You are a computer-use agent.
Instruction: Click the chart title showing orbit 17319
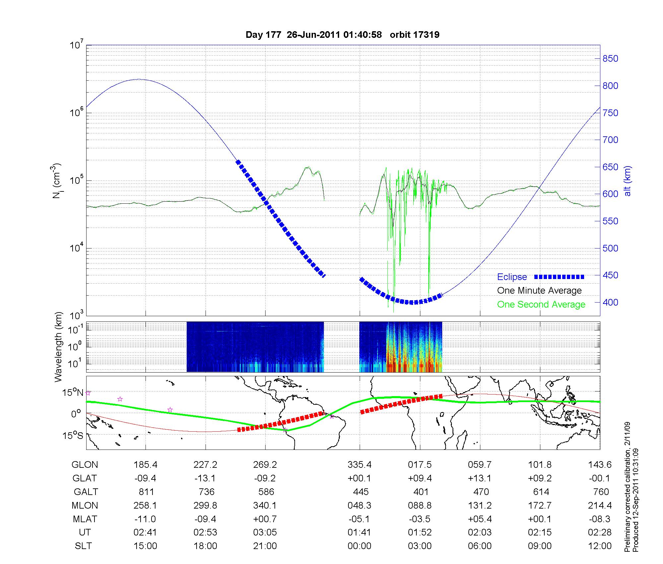[342, 35]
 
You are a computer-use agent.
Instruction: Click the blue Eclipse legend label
[512, 277]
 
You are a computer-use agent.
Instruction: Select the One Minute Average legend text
[539, 291]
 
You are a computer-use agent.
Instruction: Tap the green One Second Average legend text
[541, 305]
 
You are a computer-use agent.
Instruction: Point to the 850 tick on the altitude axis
[610, 59]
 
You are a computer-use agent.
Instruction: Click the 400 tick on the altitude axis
[610, 303]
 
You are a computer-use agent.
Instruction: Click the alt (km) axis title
[628, 181]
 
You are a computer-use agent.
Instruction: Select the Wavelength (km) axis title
[59, 347]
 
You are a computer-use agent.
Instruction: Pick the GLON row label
[85, 465]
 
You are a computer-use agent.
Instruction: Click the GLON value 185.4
[145, 465]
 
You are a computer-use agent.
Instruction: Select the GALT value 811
[146, 492]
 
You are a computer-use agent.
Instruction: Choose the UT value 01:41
[360, 532]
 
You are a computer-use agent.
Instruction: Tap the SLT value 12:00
[600, 546]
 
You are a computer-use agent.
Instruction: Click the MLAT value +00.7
[265, 519]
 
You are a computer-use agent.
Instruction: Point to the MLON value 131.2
[480, 505]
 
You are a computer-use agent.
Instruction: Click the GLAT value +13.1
[480, 478]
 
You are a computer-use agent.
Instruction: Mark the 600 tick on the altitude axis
[610, 194]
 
